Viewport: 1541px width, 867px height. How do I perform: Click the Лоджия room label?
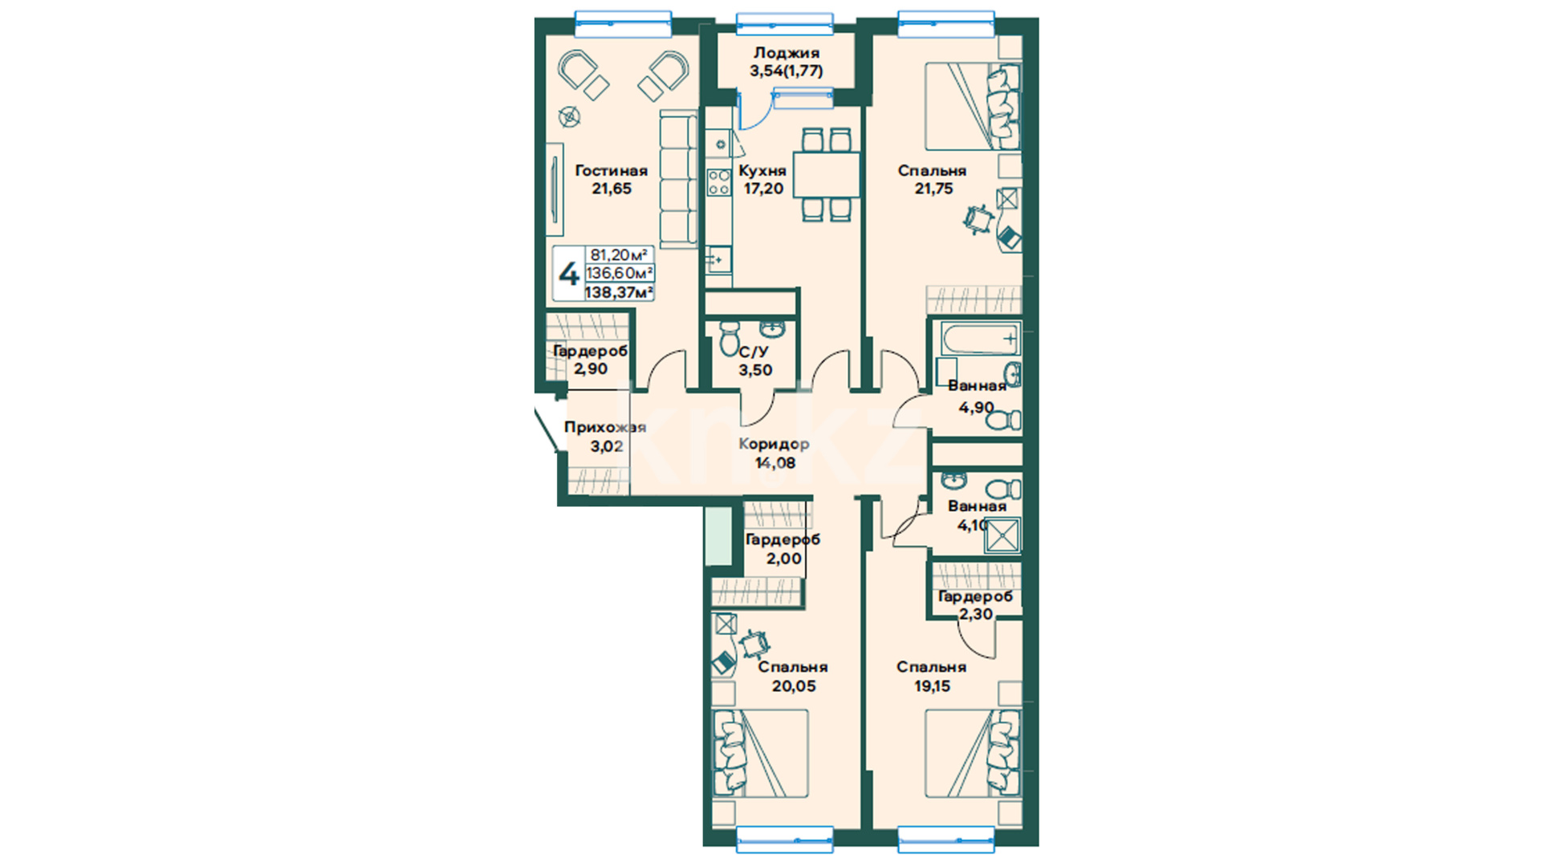click(786, 53)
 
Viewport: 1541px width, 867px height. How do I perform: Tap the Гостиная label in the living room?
click(611, 170)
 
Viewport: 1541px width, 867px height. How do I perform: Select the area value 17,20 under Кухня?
click(763, 189)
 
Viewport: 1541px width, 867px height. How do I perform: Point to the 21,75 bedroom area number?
click(933, 189)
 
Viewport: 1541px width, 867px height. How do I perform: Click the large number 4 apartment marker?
click(569, 275)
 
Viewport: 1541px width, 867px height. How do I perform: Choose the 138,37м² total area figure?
click(619, 292)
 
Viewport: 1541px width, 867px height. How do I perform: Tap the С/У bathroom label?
click(754, 352)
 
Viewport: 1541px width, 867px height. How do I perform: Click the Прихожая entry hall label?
click(605, 427)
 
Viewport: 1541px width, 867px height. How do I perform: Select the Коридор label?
click(774, 444)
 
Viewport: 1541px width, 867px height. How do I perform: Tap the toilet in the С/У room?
click(730, 338)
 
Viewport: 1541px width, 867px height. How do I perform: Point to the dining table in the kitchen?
click(827, 174)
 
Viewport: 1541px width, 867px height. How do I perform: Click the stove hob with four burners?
click(718, 182)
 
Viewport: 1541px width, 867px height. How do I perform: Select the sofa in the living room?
click(679, 179)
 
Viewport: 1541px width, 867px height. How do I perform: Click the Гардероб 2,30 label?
click(976, 605)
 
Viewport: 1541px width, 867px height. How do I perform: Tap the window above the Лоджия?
click(785, 24)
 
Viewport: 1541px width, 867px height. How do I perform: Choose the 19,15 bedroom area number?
click(932, 686)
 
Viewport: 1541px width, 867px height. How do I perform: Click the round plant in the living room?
click(569, 117)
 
